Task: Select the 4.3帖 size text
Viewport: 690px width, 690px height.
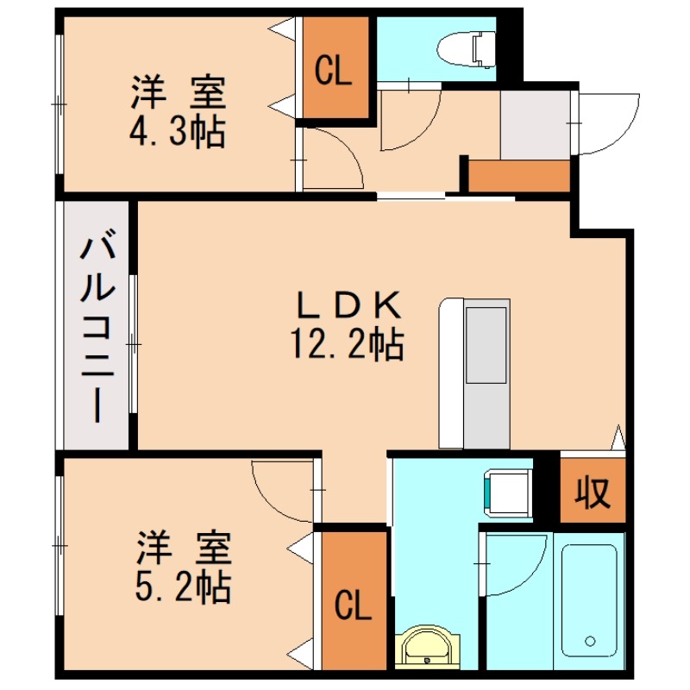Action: click(178, 132)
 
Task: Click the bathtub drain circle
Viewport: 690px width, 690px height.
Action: click(590, 641)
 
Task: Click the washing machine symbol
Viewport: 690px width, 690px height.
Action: click(509, 491)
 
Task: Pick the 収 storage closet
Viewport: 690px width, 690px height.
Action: click(593, 492)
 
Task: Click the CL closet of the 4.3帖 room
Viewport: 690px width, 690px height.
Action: click(333, 71)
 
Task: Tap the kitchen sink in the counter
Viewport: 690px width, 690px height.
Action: click(488, 345)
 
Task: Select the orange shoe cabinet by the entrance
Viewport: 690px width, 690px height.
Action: click(520, 176)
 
